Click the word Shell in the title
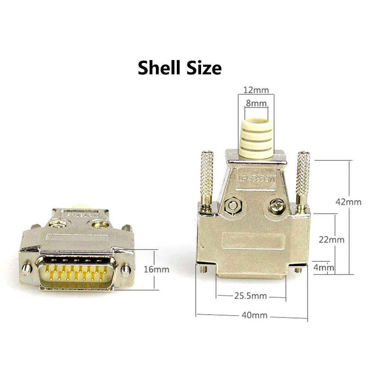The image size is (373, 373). [x=161, y=68]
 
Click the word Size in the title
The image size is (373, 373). [x=204, y=68]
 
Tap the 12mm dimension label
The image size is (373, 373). [x=256, y=90]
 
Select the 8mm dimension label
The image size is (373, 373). [x=256, y=104]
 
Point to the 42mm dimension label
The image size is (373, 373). [x=349, y=202]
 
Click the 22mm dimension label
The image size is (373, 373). [x=332, y=239]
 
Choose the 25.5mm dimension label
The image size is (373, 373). [x=250, y=296]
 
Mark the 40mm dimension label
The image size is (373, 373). [x=254, y=315]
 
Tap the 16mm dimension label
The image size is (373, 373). [x=156, y=269]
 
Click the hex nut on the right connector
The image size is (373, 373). [x=233, y=205]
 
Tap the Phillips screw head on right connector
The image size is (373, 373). [x=278, y=206]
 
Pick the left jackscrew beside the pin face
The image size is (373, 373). [x=26, y=269]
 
